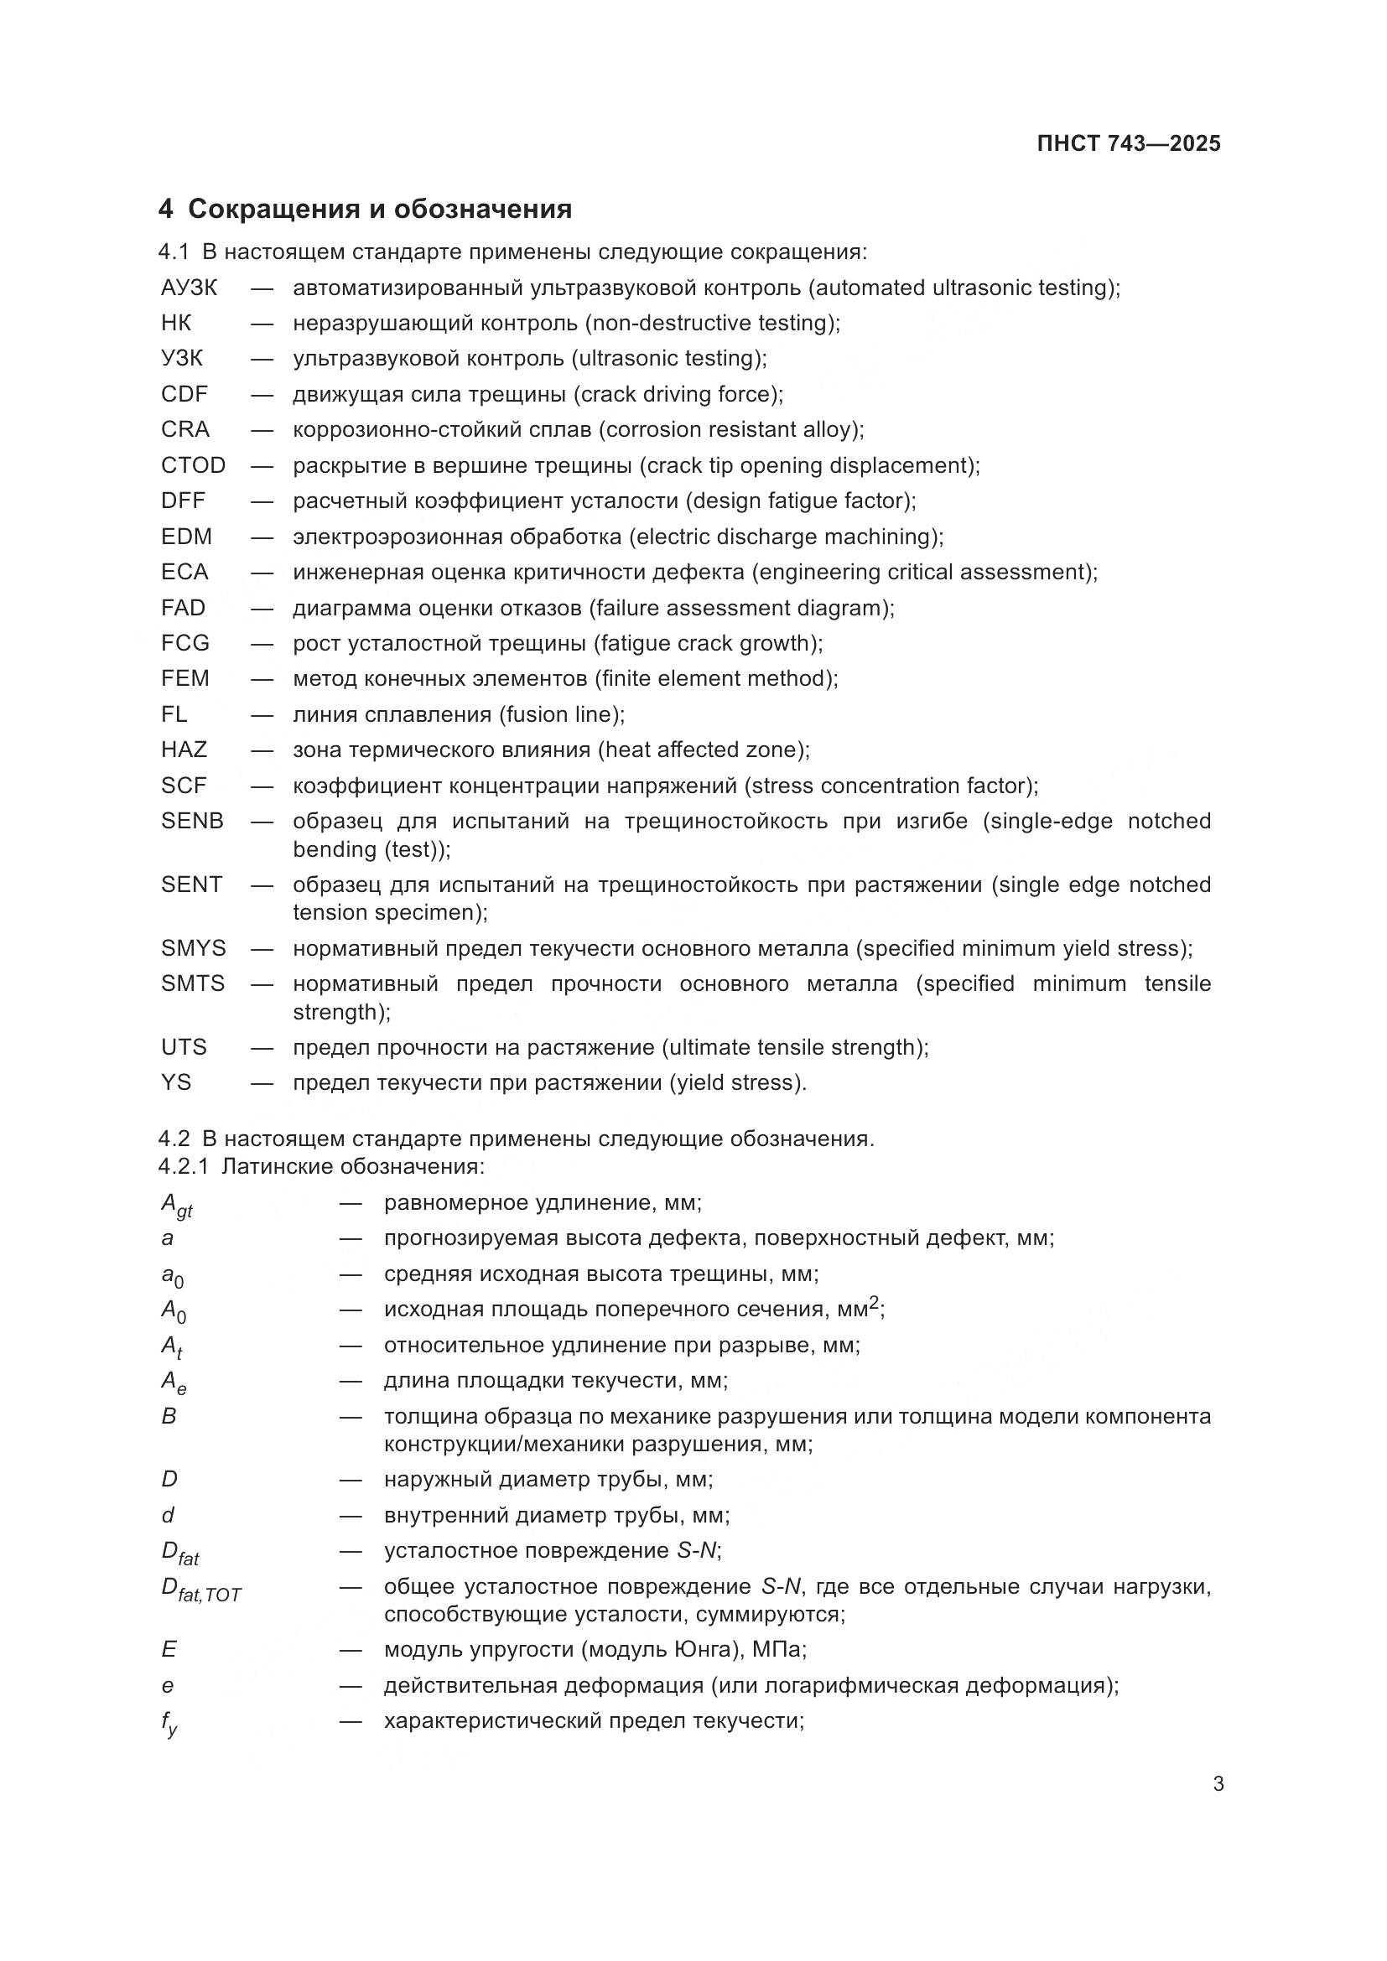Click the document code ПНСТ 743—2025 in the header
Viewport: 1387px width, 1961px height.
(1128, 143)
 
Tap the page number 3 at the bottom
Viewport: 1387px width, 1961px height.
(1218, 1783)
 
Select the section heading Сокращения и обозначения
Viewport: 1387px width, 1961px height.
(379, 210)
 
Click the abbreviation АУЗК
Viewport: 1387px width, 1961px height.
(189, 288)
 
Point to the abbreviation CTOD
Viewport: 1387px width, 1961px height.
(193, 465)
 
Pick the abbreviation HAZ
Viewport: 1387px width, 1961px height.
(184, 750)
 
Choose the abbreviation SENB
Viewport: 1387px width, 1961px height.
(192, 821)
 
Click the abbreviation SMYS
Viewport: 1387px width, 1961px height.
(193, 948)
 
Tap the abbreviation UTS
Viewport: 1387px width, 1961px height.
(184, 1047)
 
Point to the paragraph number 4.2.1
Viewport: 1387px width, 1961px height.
(183, 1167)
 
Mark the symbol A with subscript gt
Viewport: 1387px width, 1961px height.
(176, 1205)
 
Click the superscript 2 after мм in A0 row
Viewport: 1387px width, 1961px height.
(874, 1303)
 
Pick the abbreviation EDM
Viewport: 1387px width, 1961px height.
(186, 537)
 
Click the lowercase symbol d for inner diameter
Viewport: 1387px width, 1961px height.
(169, 1515)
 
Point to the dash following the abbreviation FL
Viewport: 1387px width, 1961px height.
(262, 714)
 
